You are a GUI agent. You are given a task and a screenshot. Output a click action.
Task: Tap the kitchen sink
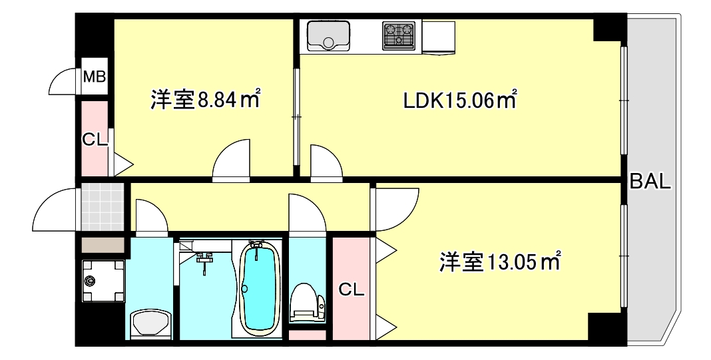tap(328, 36)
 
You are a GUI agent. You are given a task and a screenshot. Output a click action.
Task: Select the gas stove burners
tap(398, 35)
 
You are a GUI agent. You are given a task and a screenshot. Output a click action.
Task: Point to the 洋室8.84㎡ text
tap(204, 100)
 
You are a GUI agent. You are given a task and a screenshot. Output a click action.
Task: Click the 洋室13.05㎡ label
tap(500, 262)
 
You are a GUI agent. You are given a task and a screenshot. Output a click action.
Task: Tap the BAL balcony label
tap(650, 182)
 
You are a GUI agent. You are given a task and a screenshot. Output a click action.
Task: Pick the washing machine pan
tap(103, 280)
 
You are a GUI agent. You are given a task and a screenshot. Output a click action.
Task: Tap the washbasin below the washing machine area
tap(150, 325)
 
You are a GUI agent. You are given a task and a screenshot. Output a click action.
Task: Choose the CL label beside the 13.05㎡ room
tap(351, 289)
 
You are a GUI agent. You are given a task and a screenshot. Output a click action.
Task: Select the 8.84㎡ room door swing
tap(232, 161)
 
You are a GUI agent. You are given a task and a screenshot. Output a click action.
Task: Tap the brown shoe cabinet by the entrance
tap(103, 244)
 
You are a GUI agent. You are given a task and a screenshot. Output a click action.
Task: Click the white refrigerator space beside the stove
tap(437, 37)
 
